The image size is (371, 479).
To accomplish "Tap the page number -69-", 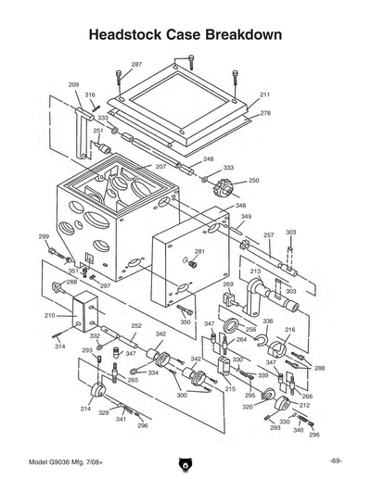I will tap(335, 460).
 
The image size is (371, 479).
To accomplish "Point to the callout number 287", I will tap(136, 64).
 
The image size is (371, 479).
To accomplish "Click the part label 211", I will tap(264, 95).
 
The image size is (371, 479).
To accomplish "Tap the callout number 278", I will tap(265, 113).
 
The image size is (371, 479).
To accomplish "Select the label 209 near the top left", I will tap(73, 84).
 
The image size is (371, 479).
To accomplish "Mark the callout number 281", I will tap(199, 252).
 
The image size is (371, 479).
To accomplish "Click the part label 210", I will tap(49, 316).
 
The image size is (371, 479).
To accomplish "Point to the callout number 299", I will tap(43, 237).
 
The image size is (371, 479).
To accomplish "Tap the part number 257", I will tap(268, 235).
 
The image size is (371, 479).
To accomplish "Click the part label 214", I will tap(85, 409).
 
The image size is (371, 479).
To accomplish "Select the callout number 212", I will tap(305, 405).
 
